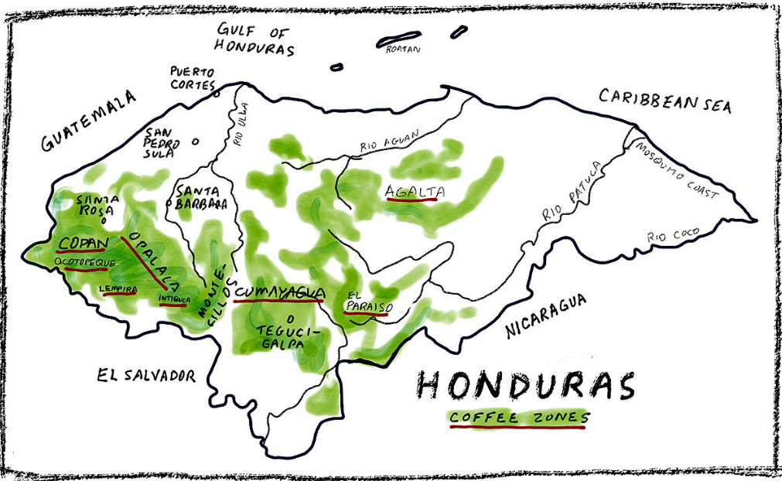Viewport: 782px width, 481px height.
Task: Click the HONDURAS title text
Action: click(525, 385)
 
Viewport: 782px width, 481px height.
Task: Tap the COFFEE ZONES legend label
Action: click(519, 418)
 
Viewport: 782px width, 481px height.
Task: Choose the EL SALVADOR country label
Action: click(146, 376)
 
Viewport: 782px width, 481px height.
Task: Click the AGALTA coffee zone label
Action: click(412, 189)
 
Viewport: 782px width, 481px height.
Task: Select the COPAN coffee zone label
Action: click(80, 244)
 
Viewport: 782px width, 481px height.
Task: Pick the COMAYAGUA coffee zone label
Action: click(279, 292)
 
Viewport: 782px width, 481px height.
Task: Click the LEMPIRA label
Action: click(119, 289)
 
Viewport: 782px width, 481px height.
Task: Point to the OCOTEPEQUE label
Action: click(85, 263)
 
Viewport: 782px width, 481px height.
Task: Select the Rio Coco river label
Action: click(673, 234)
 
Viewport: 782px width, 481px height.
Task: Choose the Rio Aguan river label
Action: click(389, 142)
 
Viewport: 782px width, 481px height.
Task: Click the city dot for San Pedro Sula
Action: click(195, 142)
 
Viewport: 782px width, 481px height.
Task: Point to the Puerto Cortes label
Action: click(193, 77)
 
